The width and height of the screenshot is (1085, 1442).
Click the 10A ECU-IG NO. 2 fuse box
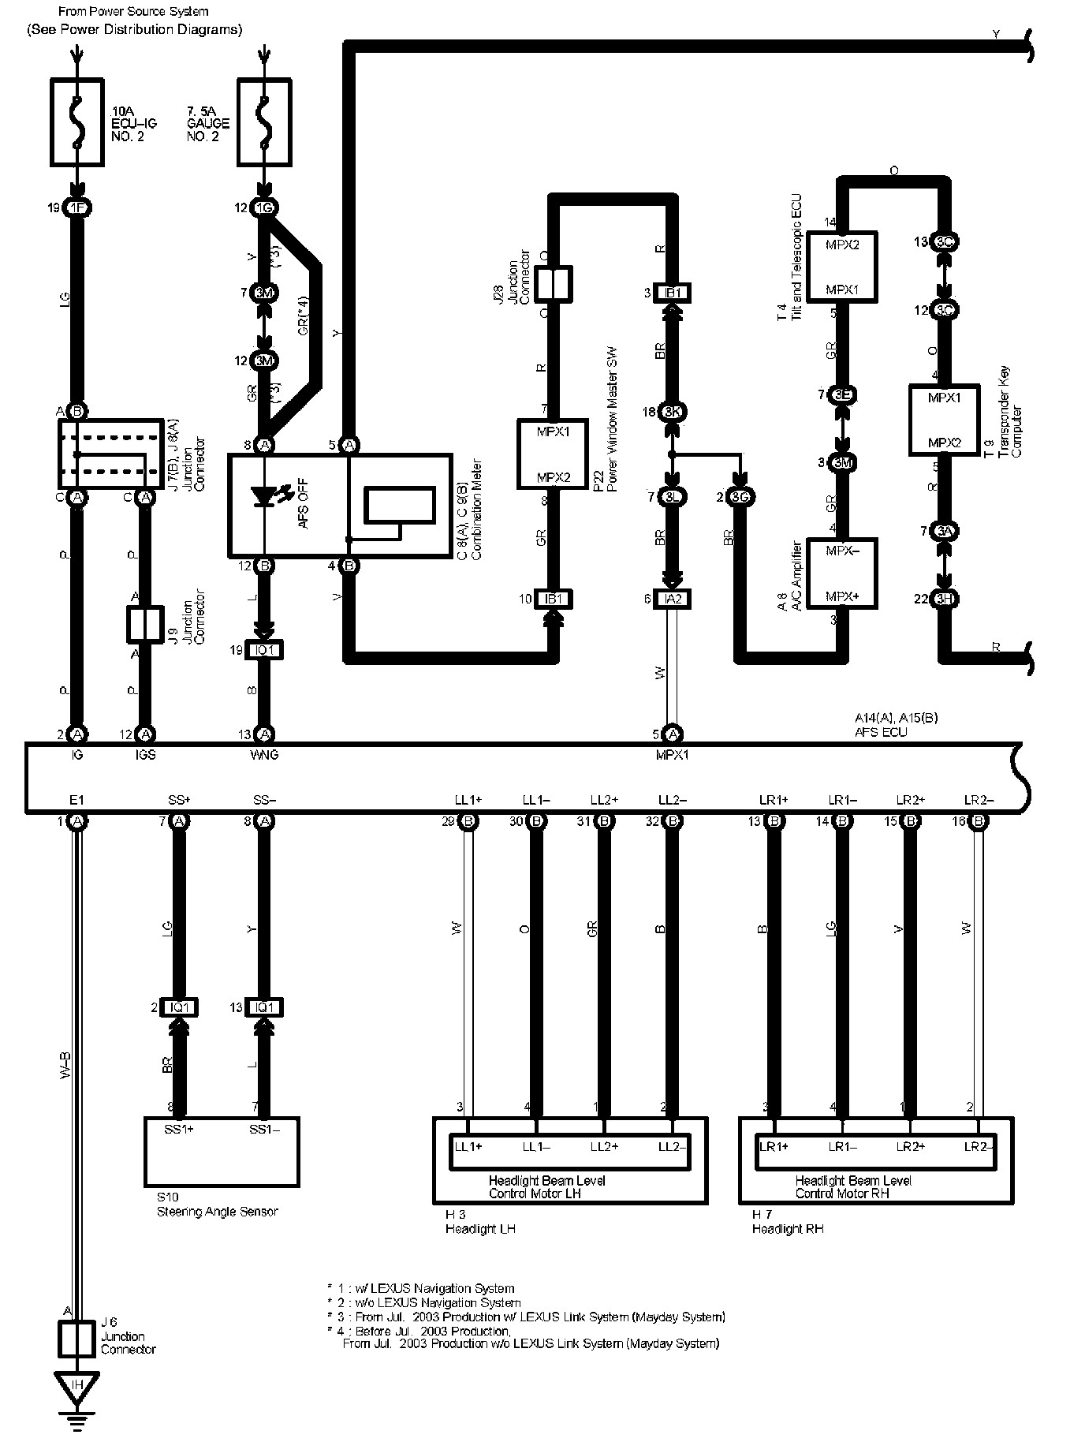pos(76,121)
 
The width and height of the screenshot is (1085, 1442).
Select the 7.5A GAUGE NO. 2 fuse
pos(264,121)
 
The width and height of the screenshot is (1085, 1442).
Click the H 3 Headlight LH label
pos(479,1222)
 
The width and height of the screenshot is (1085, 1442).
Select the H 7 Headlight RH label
pos(787,1222)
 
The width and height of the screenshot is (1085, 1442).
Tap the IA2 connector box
pos(672,600)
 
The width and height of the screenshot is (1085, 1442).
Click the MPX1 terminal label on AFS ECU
pos(672,755)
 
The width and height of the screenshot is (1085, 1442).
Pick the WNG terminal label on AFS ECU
pos(264,755)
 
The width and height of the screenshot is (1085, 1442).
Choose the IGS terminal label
pos(145,755)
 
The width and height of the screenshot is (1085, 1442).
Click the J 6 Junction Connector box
pos(76,1339)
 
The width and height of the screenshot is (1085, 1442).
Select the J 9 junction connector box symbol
pos(145,624)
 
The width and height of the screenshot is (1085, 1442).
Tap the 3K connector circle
pos(672,412)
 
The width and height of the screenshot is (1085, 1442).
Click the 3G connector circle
pos(740,497)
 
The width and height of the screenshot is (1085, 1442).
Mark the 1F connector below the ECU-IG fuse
pos(76,208)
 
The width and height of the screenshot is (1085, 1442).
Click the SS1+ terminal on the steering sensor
pos(179,1130)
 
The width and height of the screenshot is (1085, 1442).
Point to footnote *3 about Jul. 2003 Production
pos(526,1317)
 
